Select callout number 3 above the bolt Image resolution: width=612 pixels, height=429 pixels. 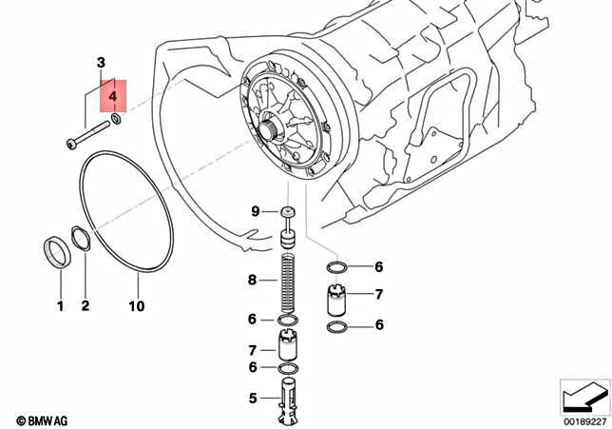pos(100,63)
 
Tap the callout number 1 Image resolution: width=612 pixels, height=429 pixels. pos(59,306)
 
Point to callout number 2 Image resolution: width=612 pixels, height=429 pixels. pos(85,306)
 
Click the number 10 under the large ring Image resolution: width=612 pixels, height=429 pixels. pos(137,306)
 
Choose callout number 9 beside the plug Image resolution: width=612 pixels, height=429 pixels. pos(255,210)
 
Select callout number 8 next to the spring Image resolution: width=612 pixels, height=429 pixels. pos(253,280)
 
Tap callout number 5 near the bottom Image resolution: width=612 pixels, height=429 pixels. pos(253,399)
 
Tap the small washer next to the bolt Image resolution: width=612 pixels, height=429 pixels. pos(116,119)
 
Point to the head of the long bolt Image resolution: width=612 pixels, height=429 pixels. pos(71,145)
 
